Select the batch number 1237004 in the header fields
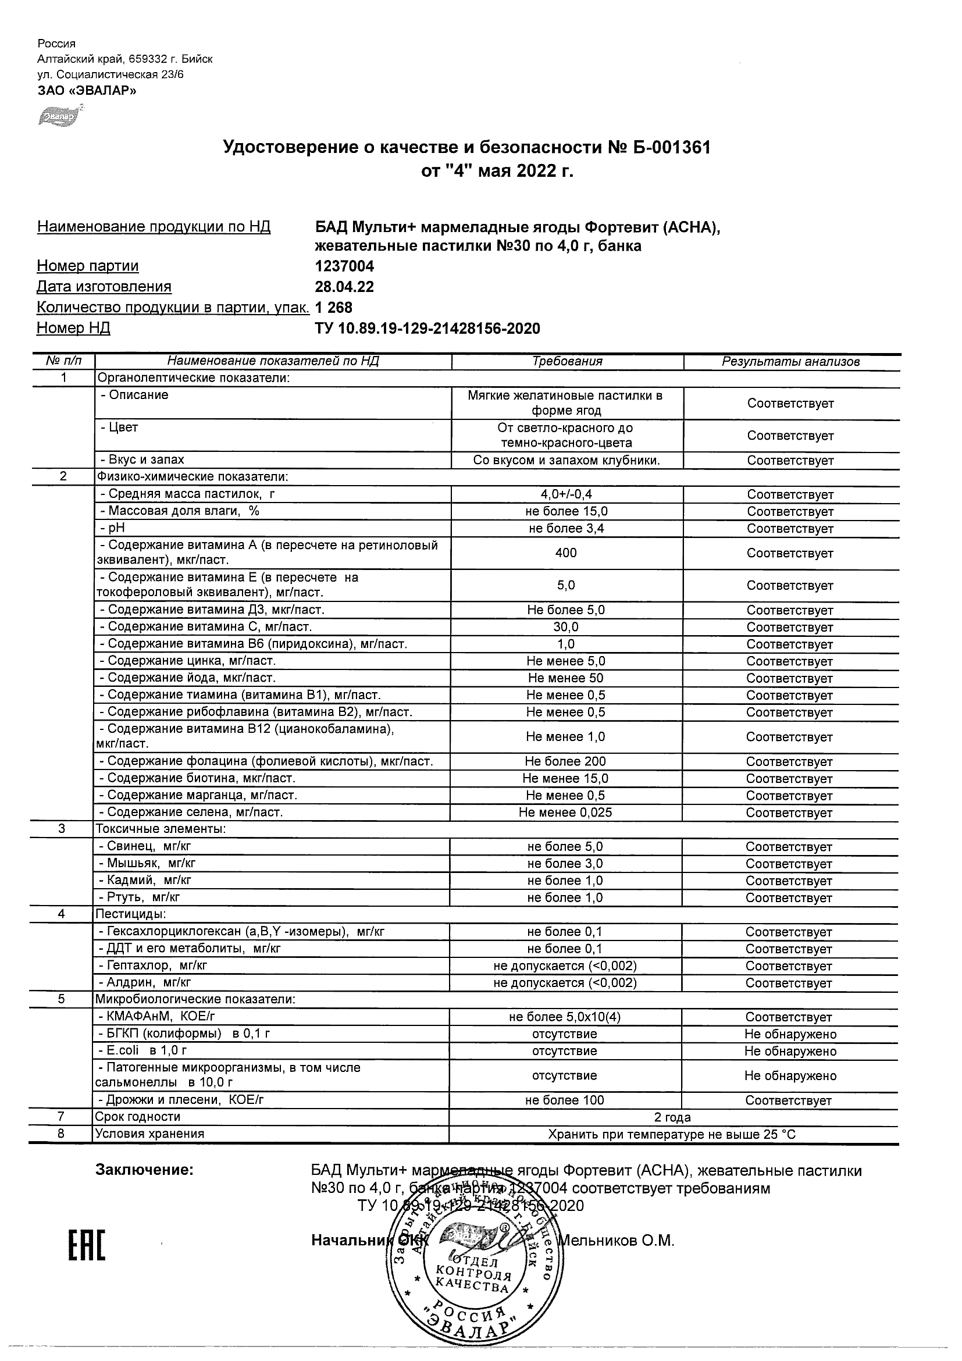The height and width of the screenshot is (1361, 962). tap(344, 266)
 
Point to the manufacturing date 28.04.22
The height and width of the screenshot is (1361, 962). tap(344, 287)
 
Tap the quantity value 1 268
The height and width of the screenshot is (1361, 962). tap(334, 308)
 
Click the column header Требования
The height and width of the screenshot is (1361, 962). tap(567, 362)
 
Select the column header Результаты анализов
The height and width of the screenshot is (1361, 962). tap(790, 362)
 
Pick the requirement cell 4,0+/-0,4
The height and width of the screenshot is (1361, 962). tap(566, 494)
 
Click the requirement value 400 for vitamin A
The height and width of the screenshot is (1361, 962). tap(566, 553)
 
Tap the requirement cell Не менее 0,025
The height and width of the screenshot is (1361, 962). tap(565, 812)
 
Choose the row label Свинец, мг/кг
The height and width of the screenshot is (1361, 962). tap(146, 846)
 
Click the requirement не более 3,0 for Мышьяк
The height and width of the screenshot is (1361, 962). tap(565, 864)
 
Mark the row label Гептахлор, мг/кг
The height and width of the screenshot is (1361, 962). tap(154, 965)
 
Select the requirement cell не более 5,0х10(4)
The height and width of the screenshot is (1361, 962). tap(565, 1017)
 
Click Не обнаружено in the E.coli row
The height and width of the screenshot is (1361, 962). tap(790, 1051)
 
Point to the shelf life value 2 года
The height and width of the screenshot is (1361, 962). tap(672, 1117)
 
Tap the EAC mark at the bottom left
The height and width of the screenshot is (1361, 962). tap(87, 1245)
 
